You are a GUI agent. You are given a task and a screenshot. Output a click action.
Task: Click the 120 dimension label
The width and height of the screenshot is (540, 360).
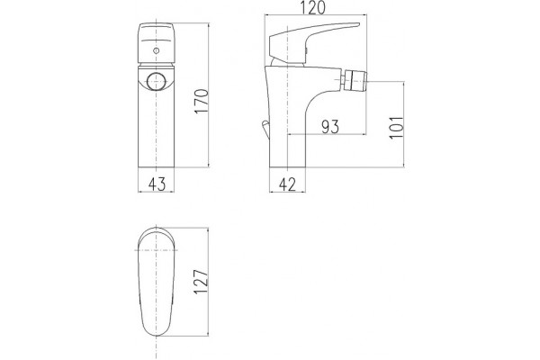coord(313,7)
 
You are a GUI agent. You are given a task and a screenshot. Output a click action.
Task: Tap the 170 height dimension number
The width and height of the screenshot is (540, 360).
coord(202,101)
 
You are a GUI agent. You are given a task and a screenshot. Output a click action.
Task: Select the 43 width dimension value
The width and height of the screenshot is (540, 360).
coord(157,184)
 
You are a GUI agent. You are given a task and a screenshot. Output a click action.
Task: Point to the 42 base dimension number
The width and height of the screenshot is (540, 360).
coord(288,184)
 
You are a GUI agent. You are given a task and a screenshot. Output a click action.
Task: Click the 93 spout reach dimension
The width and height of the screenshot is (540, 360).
coord(330,126)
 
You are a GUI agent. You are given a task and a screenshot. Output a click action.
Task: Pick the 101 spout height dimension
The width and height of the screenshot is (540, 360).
coord(396,128)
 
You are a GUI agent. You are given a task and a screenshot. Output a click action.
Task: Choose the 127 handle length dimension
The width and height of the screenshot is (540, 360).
coord(201,282)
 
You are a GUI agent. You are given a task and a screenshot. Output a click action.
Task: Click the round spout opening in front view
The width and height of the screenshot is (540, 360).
coord(157,82)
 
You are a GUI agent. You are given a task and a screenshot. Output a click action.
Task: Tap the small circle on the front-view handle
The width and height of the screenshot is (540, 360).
coord(157,51)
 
